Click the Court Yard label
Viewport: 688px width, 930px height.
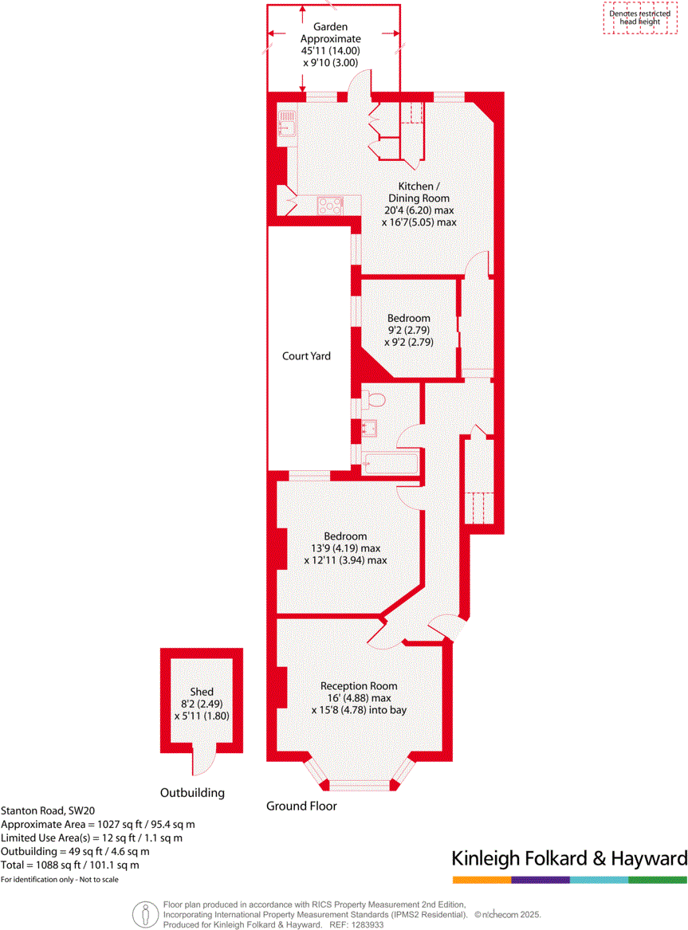pos(306,356)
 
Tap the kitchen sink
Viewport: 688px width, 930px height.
pos(286,124)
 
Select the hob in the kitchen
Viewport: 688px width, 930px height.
pos(329,206)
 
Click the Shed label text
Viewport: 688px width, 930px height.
pos(201,692)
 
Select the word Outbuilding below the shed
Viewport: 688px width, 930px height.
pos(192,793)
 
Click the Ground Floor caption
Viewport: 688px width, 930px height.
pos(301,806)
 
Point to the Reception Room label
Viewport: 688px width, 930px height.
pos(359,685)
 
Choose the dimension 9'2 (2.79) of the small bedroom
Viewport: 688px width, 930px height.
pos(409,331)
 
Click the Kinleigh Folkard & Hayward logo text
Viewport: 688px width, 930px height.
pos(568,858)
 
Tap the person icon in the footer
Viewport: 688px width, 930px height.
pos(144,914)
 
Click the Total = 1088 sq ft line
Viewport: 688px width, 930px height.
pos(70,865)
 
